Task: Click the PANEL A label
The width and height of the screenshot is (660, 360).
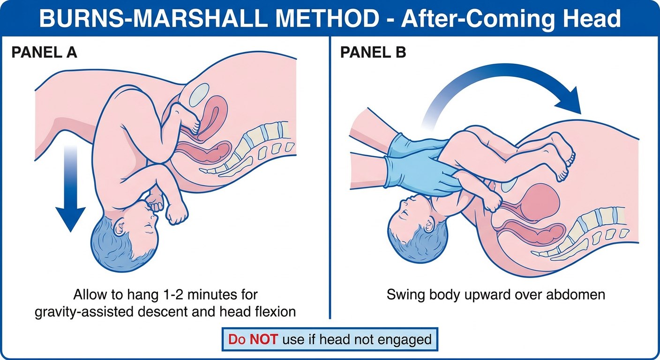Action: (x=44, y=52)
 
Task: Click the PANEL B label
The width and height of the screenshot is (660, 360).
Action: (x=373, y=52)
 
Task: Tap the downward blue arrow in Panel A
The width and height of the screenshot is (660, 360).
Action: (x=70, y=188)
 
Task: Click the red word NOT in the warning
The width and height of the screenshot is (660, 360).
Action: (x=263, y=339)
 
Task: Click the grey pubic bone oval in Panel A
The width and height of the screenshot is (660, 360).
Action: (x=199, y=95)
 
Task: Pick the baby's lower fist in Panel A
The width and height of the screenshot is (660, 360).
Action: (x=177, y=215)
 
